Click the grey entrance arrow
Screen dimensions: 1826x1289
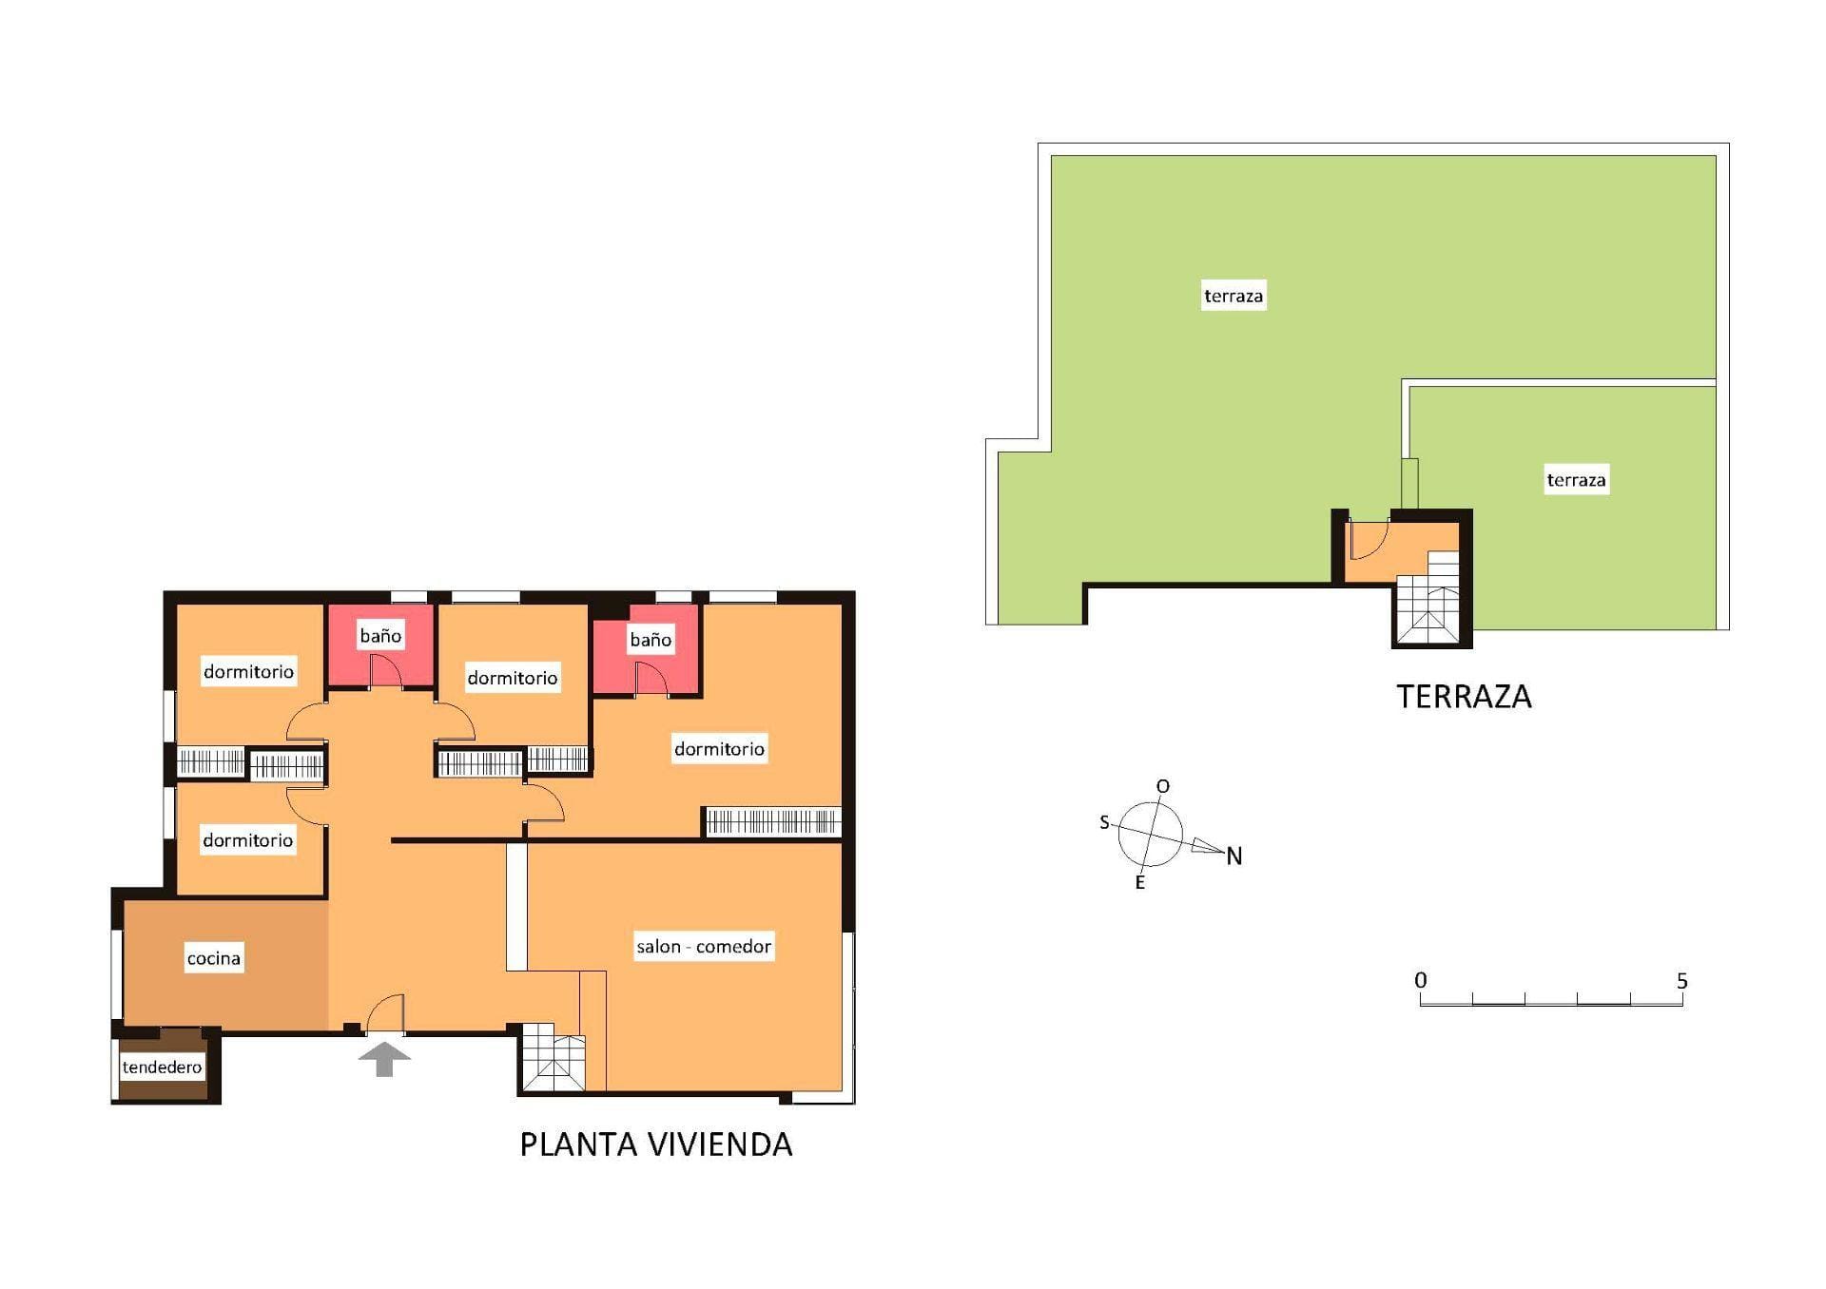point(384,1059)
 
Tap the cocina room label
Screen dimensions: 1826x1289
point(214,958)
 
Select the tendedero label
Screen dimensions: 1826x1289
point(163,1068)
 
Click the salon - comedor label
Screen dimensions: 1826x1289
point(704,947)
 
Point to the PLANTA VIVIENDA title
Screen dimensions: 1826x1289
point(656,1145)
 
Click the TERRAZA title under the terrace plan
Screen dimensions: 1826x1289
point(1465,697)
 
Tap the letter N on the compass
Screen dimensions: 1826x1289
point(1234,856)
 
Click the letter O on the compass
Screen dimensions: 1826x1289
point(1163,787)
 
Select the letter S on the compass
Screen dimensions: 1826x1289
point(1104,822)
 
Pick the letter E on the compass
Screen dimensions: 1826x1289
point(1140,883)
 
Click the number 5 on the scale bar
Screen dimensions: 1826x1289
point(1682,981)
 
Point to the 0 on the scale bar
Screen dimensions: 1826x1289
point(1421,980)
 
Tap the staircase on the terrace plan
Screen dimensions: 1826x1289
point(1428,598)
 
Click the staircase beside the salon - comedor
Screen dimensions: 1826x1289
point(554,1057)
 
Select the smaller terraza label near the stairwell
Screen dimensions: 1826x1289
point(1576,480)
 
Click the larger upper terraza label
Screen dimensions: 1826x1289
point(1234,296)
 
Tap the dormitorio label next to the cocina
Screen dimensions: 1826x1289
point(247,840)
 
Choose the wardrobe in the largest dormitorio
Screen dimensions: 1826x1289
point(773,821)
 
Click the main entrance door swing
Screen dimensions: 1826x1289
point(385,1013)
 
